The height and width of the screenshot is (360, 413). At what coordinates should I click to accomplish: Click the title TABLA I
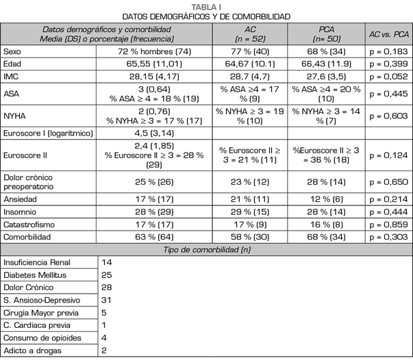[206, 6]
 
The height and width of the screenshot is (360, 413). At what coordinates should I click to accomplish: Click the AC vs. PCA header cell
[390, 34]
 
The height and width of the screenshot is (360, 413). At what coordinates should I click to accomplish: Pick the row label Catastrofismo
[29, 223]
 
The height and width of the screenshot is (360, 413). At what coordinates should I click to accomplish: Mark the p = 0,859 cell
[390, 223]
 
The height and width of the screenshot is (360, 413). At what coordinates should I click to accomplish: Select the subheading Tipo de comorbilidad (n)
[206, 249]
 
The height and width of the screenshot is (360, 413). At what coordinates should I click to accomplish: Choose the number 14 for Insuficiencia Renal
[107, 263]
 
